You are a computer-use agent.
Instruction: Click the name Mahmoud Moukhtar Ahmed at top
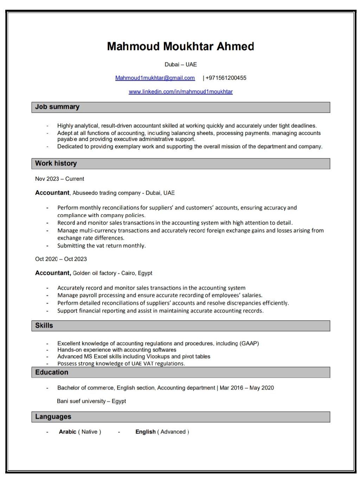pyautogui.click(x=180, y=46)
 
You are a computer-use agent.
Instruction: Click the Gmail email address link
pyautogui.click(x=155, y=78)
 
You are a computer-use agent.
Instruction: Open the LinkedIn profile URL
pyautogui.click(x=180, y=91)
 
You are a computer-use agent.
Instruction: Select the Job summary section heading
pyautogui.click(x=57, y=107)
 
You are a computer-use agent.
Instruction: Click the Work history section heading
pyautogui.click(x=56, y=163)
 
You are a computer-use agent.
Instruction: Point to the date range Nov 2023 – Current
pyautogui.click(x=59, y=179)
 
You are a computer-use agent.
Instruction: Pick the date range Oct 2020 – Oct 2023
pyautogui.click(x=61, y=259)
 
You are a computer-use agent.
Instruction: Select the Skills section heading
pyautogui.click(x=44, y=325)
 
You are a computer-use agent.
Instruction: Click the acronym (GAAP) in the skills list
pyautogui.click(x=249, y=343)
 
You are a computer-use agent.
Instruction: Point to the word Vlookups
pyautogui.click(x=158, y=356)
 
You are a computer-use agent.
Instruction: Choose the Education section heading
pyautogui.click(x=52, y=372)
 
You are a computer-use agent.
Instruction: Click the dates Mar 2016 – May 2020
pyautogui.click(x=246, y=388)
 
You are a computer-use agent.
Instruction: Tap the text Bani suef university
pyautogui.click(x=81, y=401)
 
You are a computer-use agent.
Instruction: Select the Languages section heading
pyautogui.click(x=53, y=417)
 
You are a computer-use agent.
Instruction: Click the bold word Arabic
pyautogui.click(x=67, y=432)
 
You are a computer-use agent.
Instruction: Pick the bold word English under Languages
pyautogui.click(x=145, y=432)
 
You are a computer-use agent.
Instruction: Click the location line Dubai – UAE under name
pyautogui.click(x=180, y=64)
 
